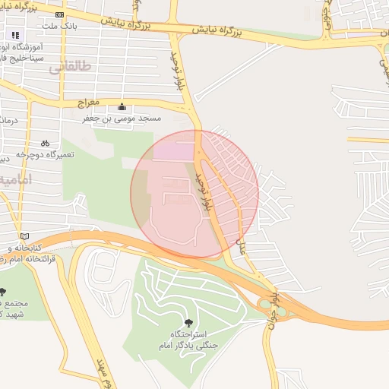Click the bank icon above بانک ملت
tap(60, 14)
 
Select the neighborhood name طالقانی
tap(70, 67)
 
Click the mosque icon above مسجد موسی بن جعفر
tap(122, 106)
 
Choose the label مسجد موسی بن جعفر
tap(122, 119)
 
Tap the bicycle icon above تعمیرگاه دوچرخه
tap(45, 143)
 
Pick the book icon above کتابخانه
tap(25, 236)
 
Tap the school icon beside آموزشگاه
tap(14, 34)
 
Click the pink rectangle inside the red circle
tap(175, 151)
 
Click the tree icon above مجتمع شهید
tap(3, 292)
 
